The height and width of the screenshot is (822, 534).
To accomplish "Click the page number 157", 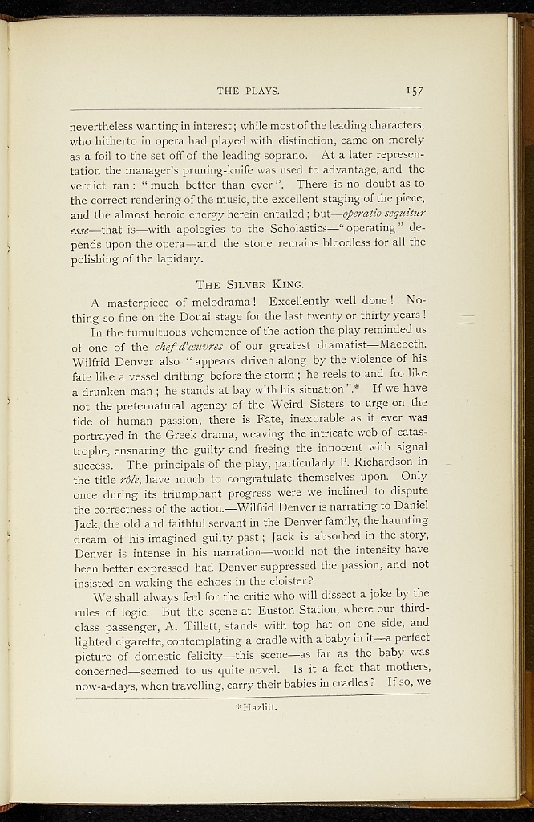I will click(x=415, y=91).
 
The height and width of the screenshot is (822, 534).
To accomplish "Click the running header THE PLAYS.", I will click(x=248, y=91).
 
